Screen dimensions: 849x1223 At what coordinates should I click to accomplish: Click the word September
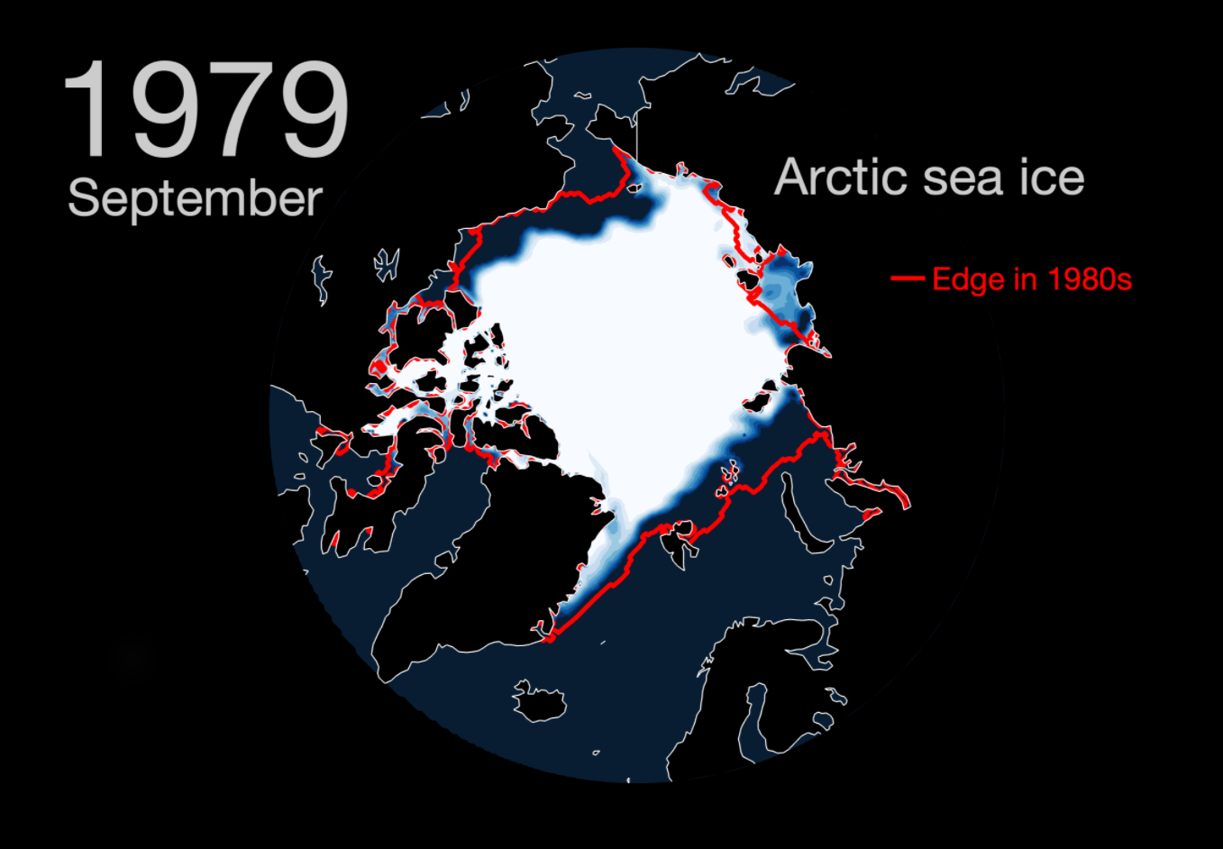195,198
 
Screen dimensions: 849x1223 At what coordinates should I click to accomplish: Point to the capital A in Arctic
791,177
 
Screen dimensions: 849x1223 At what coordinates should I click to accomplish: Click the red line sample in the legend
907,278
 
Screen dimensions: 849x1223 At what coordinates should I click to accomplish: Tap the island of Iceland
539,702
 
